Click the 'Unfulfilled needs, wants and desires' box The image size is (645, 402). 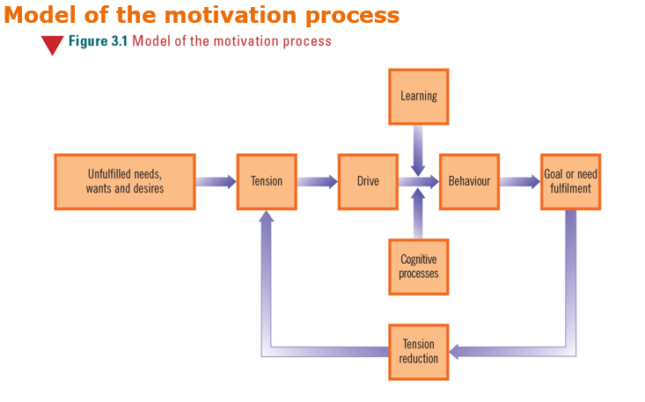(124, 182)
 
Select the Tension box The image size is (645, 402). (267, 182)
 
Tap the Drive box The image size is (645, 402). (368, 182)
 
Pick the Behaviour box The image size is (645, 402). (469, 182)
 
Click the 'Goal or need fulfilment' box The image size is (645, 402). (570, 182)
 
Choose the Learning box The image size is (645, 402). (418, 97)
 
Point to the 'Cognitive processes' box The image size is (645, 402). (418, 267)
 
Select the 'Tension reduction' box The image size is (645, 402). (418, 352)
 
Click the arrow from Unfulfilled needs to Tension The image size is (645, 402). (216, 182)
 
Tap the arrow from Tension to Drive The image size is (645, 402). (317, 182)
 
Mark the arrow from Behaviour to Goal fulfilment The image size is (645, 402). (519, 182)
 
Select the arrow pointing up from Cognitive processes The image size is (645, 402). (418, 215)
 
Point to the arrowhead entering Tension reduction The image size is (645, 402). (456, 352)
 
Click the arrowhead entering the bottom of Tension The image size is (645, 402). (267, 216)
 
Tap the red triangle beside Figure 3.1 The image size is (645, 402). (52, 45)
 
